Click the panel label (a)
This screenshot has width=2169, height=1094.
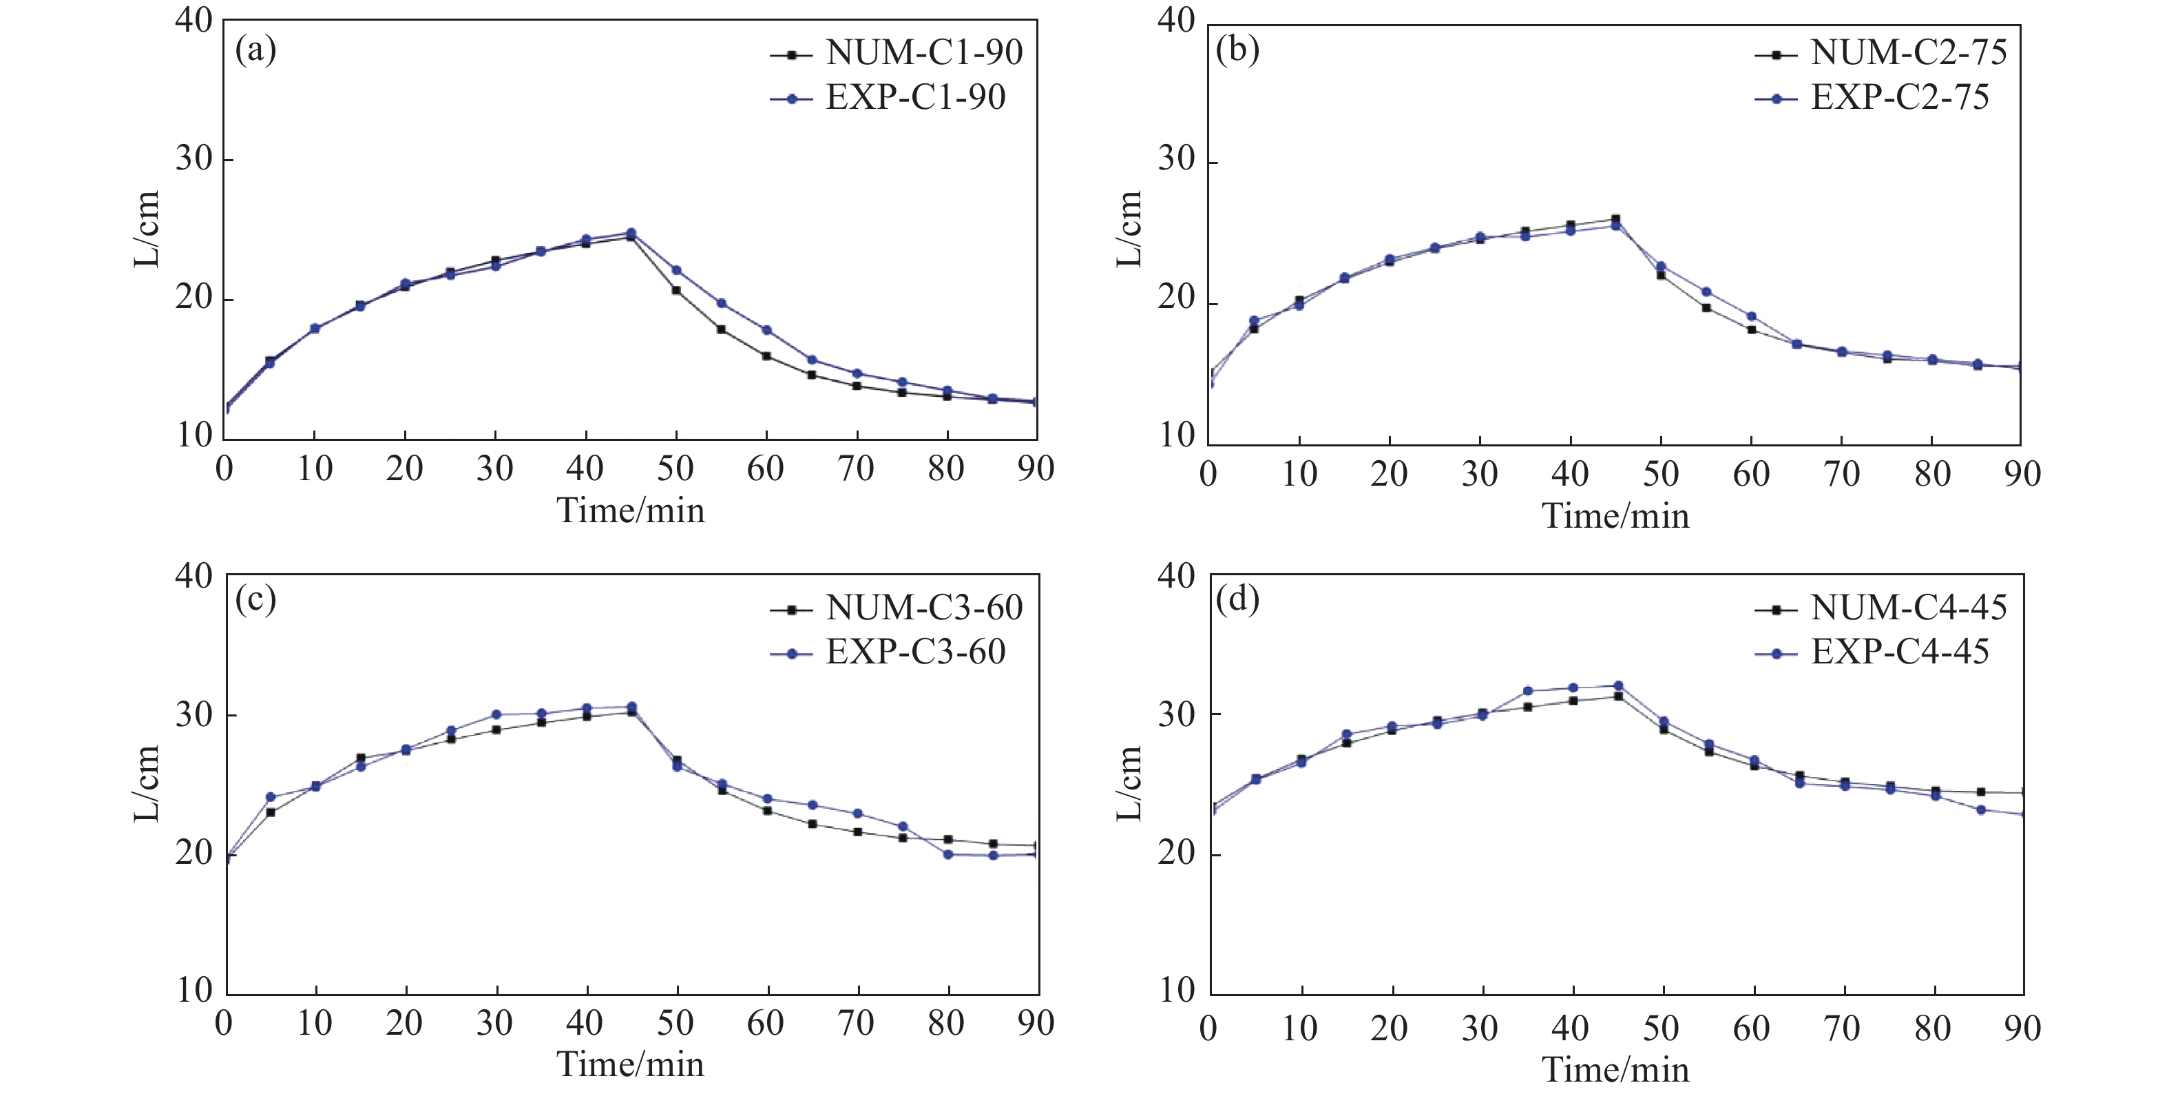255,50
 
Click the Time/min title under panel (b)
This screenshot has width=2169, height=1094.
1615,516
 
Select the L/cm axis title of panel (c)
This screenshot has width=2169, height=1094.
147,783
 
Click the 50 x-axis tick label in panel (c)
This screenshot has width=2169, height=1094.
675,1023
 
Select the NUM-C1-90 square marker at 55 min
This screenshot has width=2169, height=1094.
721,329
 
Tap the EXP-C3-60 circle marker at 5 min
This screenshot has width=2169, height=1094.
271,796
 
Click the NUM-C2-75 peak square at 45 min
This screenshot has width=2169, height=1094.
1615,219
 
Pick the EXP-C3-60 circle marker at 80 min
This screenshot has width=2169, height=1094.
948,854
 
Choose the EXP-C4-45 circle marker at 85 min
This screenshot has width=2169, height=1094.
1981,809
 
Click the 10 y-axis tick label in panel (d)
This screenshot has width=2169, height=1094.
1178,991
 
